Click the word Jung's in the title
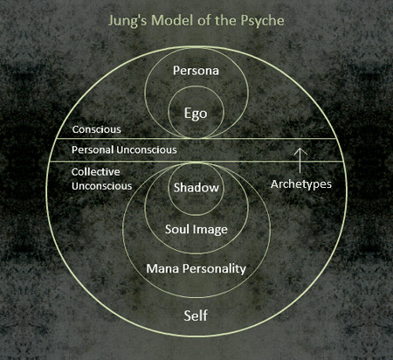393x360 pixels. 128,21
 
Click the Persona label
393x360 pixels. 196,71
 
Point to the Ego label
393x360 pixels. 196,114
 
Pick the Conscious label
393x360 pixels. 97,129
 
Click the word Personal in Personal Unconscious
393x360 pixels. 93,149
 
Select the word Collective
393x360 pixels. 96,172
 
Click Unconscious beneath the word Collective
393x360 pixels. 102,186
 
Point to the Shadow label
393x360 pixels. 196,188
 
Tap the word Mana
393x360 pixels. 162,268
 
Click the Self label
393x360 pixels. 196,315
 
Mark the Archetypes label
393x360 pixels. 301,184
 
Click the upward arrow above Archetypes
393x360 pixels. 300,160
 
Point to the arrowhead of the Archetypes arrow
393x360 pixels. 300,149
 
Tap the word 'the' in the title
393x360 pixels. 226,20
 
